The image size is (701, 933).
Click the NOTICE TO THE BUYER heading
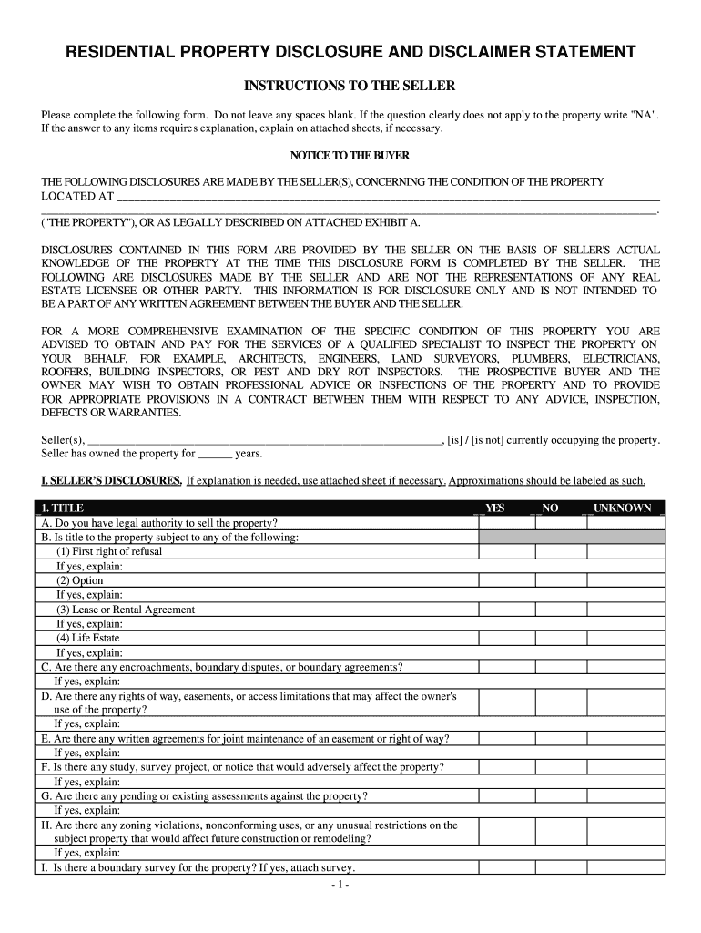[x=350, y=155]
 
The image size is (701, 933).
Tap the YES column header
[x=495, y=508]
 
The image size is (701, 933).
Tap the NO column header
[x=551, y=508]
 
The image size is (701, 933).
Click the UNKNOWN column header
[x=623, y=508]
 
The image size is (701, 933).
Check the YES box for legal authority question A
[x=506, y=523]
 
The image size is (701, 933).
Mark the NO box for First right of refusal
[x=560, y=552]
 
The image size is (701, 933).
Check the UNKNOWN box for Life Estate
[x=625, y=638]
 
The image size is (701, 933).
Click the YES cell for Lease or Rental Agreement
[x=506, y=610]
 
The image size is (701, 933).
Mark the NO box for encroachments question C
[x=560, y=667]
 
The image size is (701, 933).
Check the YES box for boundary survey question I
[x=506, y=868]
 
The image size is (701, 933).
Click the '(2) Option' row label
[x=80, y=580]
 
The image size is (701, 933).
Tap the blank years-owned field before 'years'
[x=215, y=453]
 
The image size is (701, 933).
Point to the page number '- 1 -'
[x=350, y=885]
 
